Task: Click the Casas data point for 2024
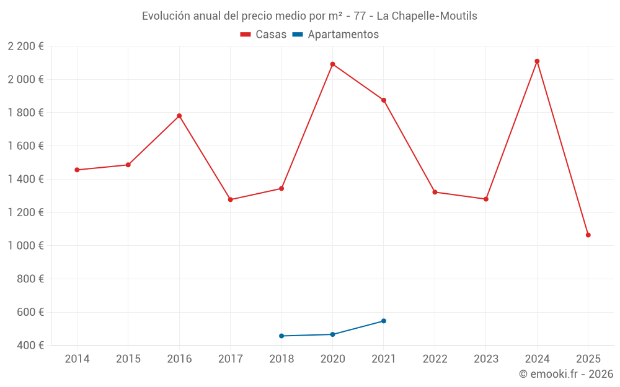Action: click(x=537, y=61)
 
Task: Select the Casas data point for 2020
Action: click(x=332, y=64)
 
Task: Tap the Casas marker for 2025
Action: click(x=588, y=235)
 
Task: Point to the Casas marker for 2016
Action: click(x=179, y=116)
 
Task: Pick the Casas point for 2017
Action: click(x=230, y=199)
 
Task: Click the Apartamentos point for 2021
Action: click(x=384, y=321)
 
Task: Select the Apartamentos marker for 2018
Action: click(x=281, y=336)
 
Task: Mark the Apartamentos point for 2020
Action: click(x=332, y=334)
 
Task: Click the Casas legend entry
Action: click(x=263, y=35)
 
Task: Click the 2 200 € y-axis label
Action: click(x=25, y=46)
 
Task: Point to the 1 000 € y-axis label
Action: click(x=25, y=246)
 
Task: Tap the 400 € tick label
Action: click(x=30, y=346)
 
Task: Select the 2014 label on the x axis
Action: click(x=77, y=359)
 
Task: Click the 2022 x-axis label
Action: click(x=435, y=359)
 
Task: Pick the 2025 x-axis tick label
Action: click(x=588, y=359)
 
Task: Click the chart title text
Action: click(x=309, y=16)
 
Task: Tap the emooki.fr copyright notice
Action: click(x=565, y=374)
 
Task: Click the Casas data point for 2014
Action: click(x=77, y=170)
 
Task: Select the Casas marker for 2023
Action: click(x=486, y=199)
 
